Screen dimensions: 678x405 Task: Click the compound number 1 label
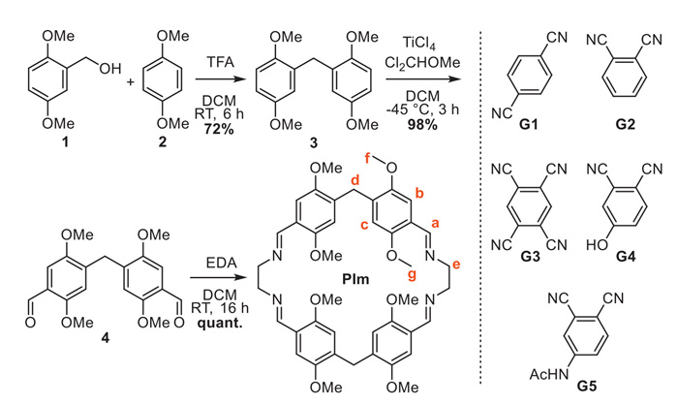pyautogui.click(x=65, y=141)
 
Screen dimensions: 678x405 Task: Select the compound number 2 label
pyautogui.click(x=162, y=141)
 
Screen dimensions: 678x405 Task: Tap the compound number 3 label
pyautogui.click(x=314, y=142)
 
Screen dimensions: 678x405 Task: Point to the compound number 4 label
pyautogui.click(x=105, y=337)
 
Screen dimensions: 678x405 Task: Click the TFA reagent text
pyautogui.click(x=220, y=62)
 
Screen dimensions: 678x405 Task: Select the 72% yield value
pyautogui.click(x=220, y=129)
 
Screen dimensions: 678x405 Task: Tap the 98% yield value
pyautogui.click(x=422, y=125)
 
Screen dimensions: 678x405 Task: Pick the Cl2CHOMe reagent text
pyautogui.click(x=422, y=63)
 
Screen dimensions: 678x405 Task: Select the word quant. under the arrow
pyautogui.click(x=220, y=323)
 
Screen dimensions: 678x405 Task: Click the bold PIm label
pyautogui.click(x=355, y=279)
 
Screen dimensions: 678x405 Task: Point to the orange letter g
pyautogui.click(x=412, y=275)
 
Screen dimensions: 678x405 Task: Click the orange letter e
pyautogui.click(x=456, y=264)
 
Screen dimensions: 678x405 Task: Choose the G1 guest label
pyautogui.click(x=529, y=125)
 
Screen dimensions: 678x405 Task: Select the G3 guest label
pyautogui.click(x=531, y=257)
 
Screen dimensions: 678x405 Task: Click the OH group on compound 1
pyautogui.click(x=110, y=69)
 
